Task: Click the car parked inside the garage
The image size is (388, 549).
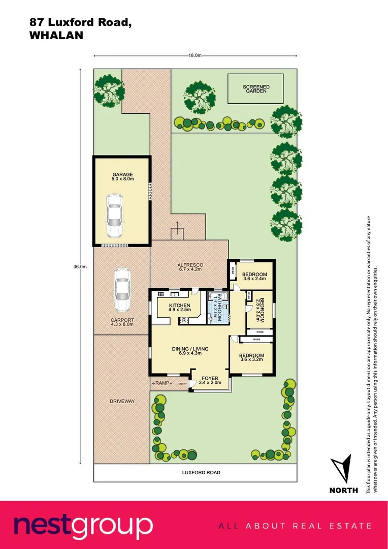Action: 115,216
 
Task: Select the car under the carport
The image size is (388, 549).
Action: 122,290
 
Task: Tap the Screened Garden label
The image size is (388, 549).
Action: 256,89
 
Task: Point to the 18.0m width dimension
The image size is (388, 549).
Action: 195,56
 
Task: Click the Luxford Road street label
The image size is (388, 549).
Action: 201,472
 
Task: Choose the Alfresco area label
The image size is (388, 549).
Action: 190,267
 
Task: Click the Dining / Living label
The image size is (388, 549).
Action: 190,351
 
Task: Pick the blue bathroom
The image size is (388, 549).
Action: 216,307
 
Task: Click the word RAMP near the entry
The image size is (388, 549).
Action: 162,383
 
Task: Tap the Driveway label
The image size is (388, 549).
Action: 122,401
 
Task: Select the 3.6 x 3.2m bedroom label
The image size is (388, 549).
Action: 251,358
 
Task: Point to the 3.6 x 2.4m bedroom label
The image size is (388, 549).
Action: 254,276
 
